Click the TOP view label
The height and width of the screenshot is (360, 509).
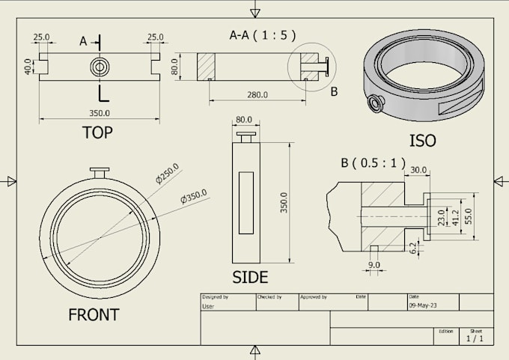(x=97, y=133)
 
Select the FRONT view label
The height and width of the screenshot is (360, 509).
(x=94, y=314)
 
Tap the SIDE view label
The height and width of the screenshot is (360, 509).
(x=250, y=277)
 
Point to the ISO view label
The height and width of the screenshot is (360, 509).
(x=422, y=141)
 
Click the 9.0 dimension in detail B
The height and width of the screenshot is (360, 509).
(x=374, y=264)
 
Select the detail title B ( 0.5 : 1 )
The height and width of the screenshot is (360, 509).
(x=372, y=162)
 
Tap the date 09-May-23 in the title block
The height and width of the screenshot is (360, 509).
(x=424, y=306)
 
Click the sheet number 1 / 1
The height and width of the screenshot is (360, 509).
(x=475, y=338)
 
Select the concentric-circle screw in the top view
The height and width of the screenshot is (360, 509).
(x=100, y=67)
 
